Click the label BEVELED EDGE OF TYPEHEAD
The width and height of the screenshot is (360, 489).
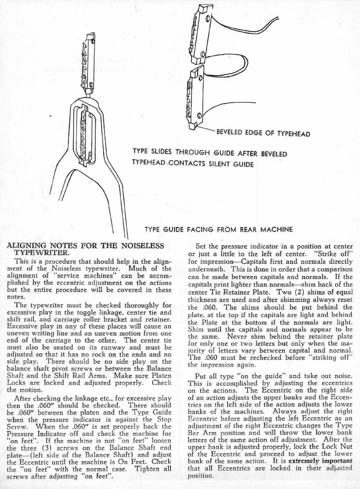coord(263,134)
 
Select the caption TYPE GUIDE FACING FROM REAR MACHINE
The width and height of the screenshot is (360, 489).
coord(219,229)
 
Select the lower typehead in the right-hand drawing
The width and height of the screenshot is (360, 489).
coord(194,97)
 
